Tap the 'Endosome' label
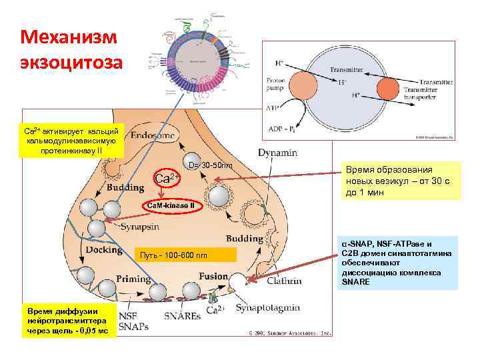[153, 135]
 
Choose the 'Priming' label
[133, 279]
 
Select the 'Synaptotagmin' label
[271, 308]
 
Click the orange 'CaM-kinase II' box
[171, 205]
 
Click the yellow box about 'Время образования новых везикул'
[399, 181]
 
